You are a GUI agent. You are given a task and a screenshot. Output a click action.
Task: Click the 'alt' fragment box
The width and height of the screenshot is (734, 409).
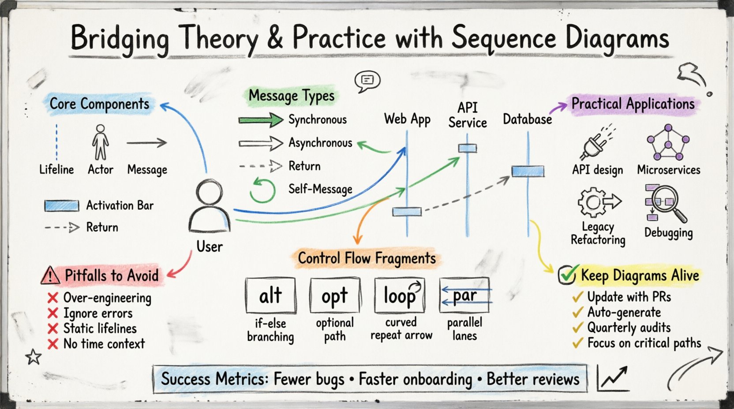(x=270, y=295)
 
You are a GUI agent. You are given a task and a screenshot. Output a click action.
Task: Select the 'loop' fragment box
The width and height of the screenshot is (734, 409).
(x=400, y=295)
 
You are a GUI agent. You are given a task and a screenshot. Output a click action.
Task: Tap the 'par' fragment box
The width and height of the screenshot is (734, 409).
(x=465, y=294)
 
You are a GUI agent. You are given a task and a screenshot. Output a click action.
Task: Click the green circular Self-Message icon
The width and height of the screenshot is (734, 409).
(x=262, y=190)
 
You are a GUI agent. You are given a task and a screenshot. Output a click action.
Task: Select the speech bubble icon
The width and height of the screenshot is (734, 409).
(x=367, y=81)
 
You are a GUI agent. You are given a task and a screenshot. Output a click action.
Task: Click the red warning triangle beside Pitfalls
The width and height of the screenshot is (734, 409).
(x=50, y=275)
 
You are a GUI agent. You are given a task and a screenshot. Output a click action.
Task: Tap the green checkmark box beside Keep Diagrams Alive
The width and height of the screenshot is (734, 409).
(x=567, y=275)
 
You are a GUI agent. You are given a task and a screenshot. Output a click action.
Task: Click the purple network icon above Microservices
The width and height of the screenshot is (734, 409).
(x=668, y=142)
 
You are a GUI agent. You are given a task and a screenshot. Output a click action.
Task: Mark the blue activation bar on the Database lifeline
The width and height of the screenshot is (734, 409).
(x=528, y=171)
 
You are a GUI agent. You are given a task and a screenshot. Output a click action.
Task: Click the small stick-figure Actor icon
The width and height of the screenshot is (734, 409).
(x=101, y=142)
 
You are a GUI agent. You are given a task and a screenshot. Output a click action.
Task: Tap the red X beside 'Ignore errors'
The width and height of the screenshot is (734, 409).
(x=53, y=313)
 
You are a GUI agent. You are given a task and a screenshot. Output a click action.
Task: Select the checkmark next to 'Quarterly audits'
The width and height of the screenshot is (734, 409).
(x=577, y=328)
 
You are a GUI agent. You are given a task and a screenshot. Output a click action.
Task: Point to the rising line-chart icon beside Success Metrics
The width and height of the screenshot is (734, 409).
(x=613, y=378)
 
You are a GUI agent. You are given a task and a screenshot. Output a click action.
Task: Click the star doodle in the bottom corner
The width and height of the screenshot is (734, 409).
(x=33, y=357)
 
